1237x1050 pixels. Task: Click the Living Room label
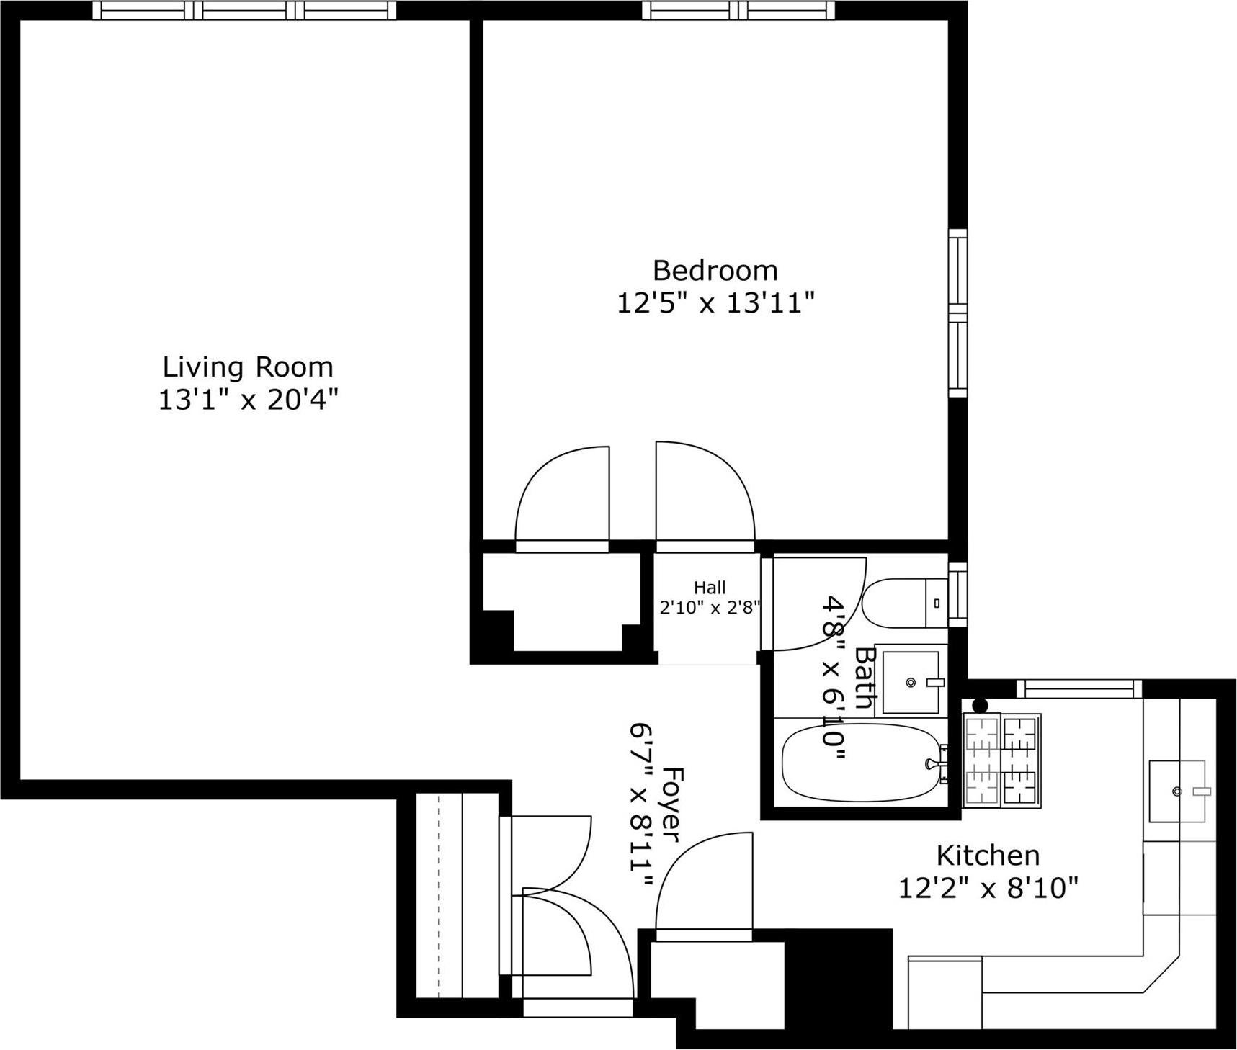[x=248, y=367]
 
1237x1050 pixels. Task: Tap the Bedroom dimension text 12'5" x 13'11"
[x=715, y=303]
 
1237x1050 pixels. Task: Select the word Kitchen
[x=988, y=856]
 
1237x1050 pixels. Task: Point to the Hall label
[x=710, y=588]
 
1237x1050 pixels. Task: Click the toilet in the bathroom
[x=903, y=603]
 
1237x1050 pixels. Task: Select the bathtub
[x=861, y=763]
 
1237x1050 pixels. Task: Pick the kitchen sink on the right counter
[x=1176, y=791]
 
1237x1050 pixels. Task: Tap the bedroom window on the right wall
[x=957, y=313]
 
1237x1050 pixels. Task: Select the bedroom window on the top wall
[x=738, y=10]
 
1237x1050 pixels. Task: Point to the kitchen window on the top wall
[x=1079, y=689]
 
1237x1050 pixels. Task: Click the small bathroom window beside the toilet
[x=957, y=595]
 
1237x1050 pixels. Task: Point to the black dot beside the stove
[x=979, y=706]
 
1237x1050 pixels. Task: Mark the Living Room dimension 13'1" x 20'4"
[x=248, y=399]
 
